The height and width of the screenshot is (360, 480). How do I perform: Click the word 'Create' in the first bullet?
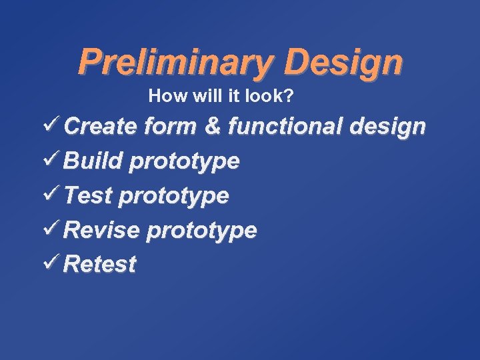click(x=102, y=126)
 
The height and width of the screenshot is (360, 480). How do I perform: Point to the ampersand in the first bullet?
click(x=213, y=126)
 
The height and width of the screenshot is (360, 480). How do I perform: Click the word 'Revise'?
click(x=103, y=231)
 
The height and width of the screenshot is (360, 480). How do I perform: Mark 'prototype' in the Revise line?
click(x=201, y=232)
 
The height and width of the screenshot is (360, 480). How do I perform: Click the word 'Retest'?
click(x=101, y=265)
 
